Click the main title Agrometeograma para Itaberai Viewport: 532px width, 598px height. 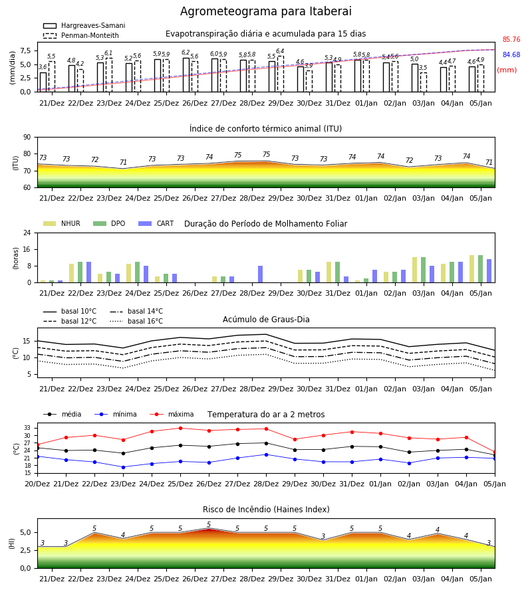pyautogui.click(x=265, y=11)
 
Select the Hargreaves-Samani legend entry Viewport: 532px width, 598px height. pyautogui.click(x=84, y=25)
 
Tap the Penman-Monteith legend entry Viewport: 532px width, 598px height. pyautogui.click(x=81, y=35)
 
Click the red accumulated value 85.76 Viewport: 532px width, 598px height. pyautogui.click(x=511, y=39)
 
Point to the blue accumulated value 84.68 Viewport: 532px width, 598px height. pyautogui.click(x=511, y=54)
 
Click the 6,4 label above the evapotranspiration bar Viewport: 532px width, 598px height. pyautogui.click(x=280, y=51)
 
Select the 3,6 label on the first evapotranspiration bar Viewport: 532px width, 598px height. pyautogui.click(x=43, y=67)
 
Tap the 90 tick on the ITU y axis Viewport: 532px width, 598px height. pyautogui.click(x=27, y=138)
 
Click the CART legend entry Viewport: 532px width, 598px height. pyautogui.click(x=156, y=223)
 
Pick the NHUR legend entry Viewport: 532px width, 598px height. pyautogui.click(x=62, y=223)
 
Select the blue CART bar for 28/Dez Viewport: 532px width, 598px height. pyautogui.click(x=260, y=274)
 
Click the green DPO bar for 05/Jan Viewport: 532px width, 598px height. pyautogui.click(x=481, y=269)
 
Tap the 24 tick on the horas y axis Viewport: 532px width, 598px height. pyautogui.click(x=27, y=233)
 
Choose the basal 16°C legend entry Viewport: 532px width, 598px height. pyautogui.click(x=136, y=321)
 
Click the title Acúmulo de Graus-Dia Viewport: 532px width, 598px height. pyautogui.click(x=266, y=320)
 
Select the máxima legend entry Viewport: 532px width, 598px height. pyautogui.click(x=172, y=414)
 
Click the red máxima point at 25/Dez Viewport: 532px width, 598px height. pyautogui.click(x=180, y=428)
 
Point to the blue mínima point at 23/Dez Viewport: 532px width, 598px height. pyautogui.click(x=123, y=467)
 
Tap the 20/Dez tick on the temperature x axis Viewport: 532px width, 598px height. pyautogui.click(x=37, y=484)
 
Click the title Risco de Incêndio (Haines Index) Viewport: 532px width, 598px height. pyautogui.click(x=266, y=510)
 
